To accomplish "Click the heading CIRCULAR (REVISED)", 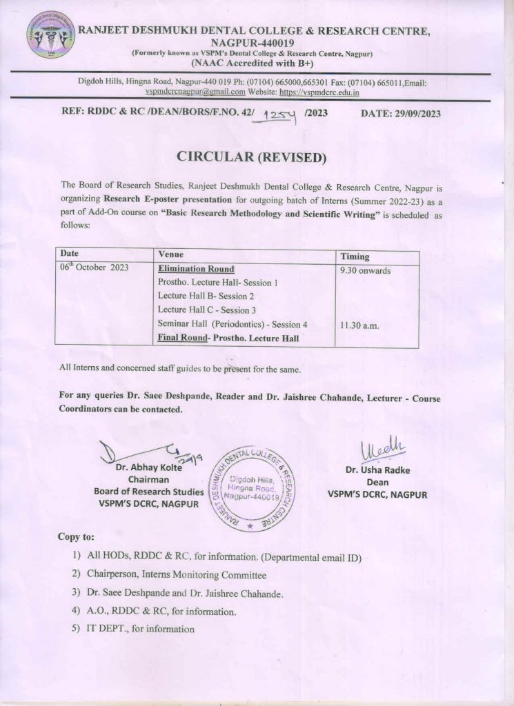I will pyautogui.click(x=250, y=157).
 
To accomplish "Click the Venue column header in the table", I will pyautogui.click(x=170, y=254).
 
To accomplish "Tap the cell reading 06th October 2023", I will pyautogui.click(x=94, y=268).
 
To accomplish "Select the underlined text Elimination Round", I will pyautogui.click(x=196, y=269).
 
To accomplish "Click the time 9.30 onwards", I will pyautogui.click(x=365, y=270).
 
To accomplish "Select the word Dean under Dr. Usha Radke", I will pyautogui.click(x=377, y=483).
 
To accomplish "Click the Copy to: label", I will pyautogui.click(x=76, y=536).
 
